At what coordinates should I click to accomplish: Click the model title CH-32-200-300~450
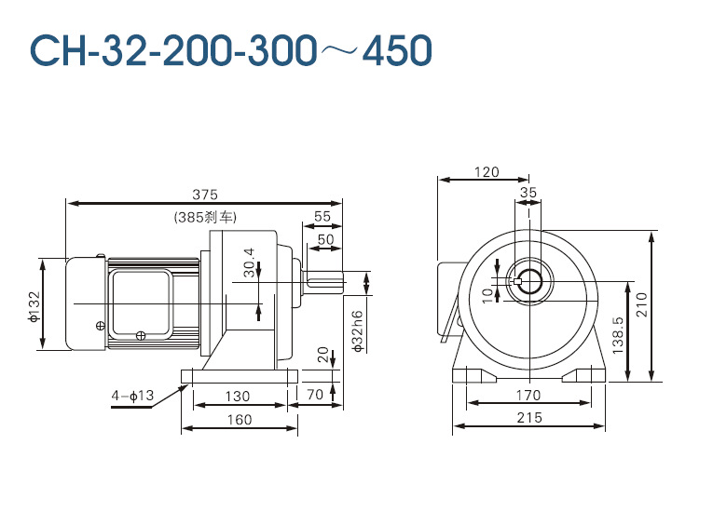click(x=230, y=49)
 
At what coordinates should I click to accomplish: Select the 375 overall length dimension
click(x=205, y=195)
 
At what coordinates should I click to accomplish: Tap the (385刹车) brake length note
click(x=205, y=217)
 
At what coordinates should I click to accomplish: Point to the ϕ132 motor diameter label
click(x=34, y=306)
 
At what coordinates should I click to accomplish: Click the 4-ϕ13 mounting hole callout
click(x=132, y=396)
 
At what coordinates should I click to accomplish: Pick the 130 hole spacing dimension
click(x=238, y=396)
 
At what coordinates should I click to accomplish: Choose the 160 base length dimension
click(x=240, y=419)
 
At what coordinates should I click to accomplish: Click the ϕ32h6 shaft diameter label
click(x=358, y=331)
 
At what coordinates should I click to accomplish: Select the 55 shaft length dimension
click(x=322, y=216)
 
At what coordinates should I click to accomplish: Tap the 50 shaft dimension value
click(x=325, y=239)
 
